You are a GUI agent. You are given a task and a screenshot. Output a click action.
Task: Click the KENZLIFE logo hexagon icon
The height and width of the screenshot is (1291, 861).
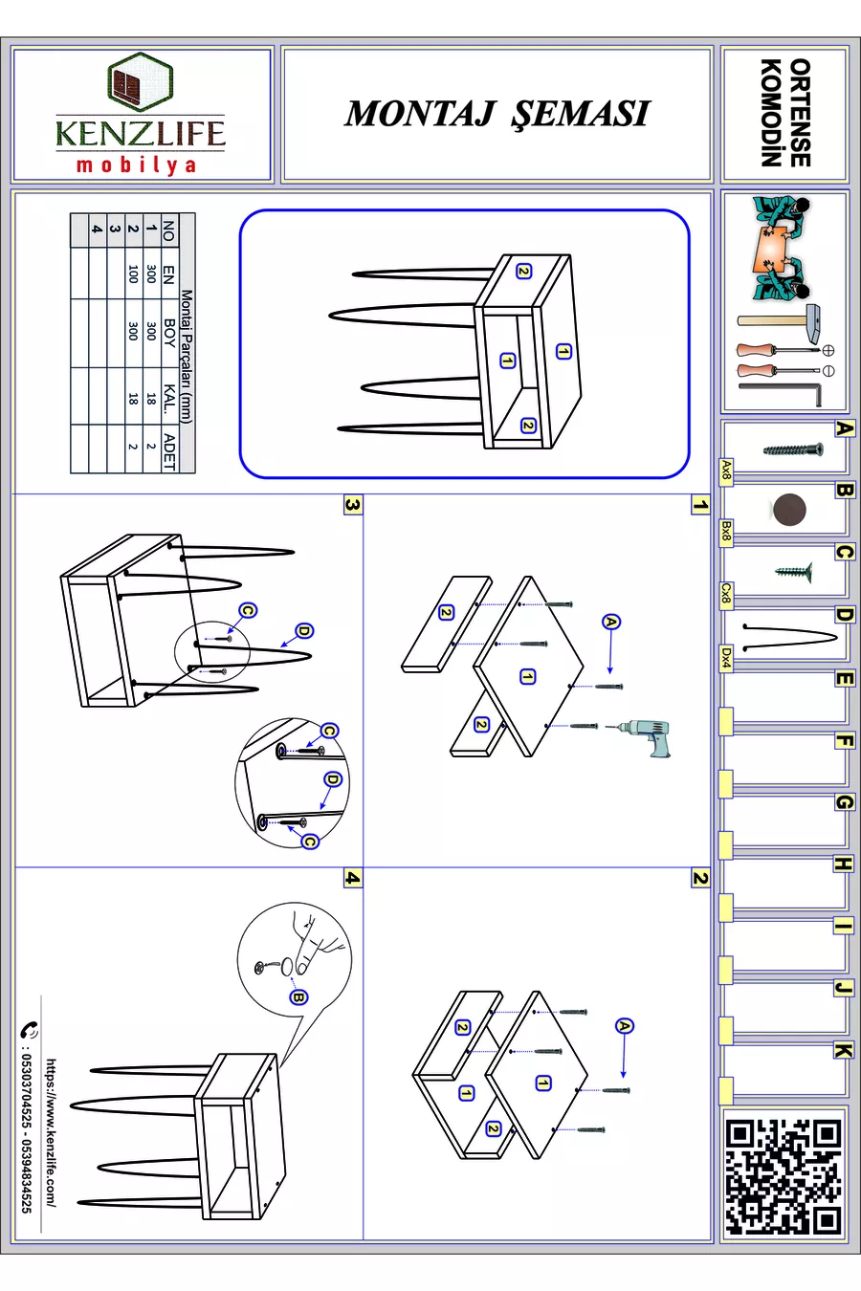tap(140, 80)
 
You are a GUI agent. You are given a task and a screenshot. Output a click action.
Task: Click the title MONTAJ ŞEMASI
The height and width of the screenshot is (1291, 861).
tap(497, 114)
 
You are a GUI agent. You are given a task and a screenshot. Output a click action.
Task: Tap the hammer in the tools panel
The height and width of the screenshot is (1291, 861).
tap(779, 320)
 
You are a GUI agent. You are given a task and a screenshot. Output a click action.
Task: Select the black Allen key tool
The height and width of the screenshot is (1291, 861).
tap(781, 394)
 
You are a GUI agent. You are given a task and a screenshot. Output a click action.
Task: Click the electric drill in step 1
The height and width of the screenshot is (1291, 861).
tap(640, 736)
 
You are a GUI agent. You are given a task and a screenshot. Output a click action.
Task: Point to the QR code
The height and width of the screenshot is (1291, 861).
tap(784, 1175)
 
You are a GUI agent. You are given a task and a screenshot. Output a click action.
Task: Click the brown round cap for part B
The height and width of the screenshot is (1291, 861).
tap(789, 510)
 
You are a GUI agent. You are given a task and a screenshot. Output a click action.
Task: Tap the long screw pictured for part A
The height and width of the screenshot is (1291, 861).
tap(793, 449)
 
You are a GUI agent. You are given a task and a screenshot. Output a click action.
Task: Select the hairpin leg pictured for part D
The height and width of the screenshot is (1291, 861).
tap(789, 636)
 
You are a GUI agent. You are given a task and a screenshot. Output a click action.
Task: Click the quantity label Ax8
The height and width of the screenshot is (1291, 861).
tap(726, 470)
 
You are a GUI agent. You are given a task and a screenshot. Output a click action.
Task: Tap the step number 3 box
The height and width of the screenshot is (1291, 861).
tap(353, 506)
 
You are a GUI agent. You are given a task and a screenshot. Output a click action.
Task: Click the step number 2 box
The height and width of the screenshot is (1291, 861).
tap(700, 878)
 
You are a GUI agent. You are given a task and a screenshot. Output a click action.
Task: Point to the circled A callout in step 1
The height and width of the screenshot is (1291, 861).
tap(610, 622)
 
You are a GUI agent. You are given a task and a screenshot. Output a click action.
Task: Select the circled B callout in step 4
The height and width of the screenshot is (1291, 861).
tap(298, 997)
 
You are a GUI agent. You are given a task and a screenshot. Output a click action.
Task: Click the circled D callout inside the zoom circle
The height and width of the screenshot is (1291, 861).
tap(333, 779)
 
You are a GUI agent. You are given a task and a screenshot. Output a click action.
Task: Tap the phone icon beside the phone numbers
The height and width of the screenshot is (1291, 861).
tap(29, 1029)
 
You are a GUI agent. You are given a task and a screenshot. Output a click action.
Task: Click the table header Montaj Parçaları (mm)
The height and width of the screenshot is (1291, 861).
tap(187, 356)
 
